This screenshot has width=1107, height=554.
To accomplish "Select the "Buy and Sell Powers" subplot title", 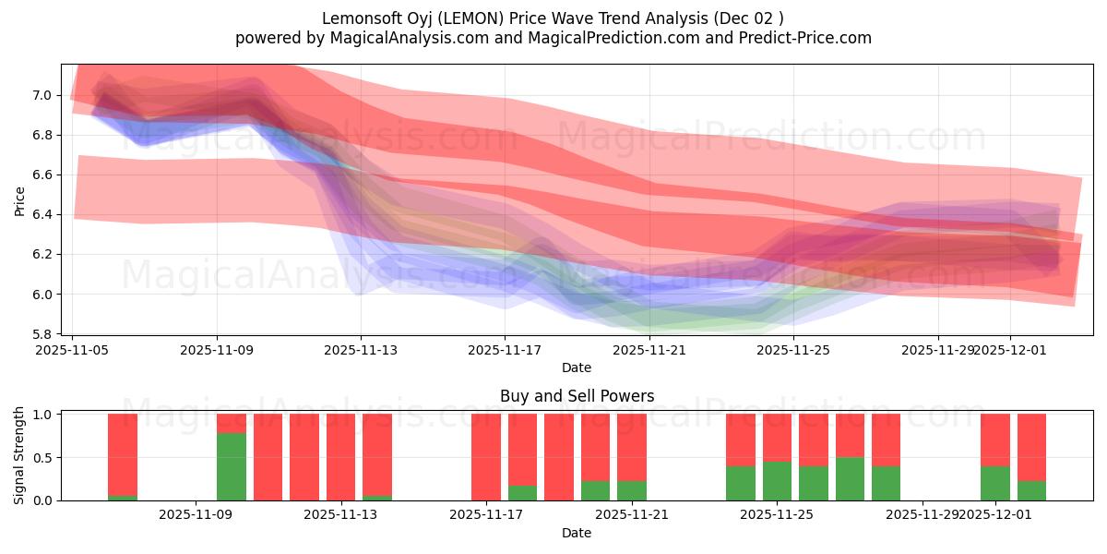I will coord(577,396).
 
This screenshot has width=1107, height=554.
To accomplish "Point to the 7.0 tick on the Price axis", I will coord(43,95).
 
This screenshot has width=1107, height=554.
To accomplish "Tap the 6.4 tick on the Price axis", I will coord(43,214).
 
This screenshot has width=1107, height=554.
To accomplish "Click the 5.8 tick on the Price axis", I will coord(43,333).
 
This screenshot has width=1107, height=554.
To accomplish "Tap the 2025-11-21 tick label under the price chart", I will coord(650,351).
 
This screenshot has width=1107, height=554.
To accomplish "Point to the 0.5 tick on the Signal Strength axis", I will coord(43,457).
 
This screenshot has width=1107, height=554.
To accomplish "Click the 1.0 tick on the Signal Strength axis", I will coord(43,415).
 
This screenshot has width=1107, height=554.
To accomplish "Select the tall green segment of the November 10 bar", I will coord(232,466).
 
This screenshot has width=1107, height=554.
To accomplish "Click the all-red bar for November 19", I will coord(559,457).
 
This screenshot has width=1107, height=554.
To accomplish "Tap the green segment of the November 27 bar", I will coord(850,478).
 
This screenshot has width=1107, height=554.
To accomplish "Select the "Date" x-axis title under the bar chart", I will coord(577,533).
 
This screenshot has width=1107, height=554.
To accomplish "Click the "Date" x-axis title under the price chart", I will coord(577,367).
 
